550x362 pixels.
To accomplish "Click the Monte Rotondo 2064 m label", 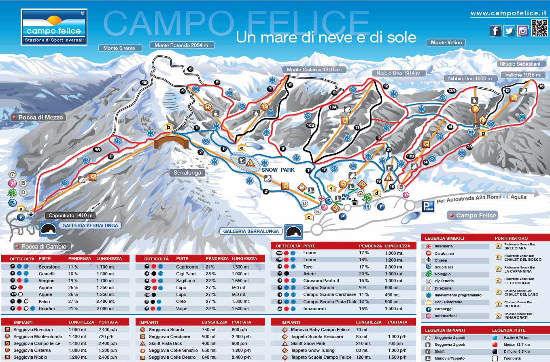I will point(181,45).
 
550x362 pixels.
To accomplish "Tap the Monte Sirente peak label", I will point(119,48).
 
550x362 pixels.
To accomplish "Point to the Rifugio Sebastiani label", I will point(520,64).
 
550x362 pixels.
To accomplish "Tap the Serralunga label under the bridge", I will point(187,172).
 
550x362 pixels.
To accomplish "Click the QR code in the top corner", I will point(539,28).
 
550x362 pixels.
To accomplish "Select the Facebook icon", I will point(495,31).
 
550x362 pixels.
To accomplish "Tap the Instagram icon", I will point(522,31).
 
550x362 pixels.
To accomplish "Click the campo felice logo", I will point(54,27).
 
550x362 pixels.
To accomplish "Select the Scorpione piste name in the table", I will point(49,267).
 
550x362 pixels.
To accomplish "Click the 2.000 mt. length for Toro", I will point(395,267).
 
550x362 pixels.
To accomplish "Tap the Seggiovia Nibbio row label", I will point(30,357).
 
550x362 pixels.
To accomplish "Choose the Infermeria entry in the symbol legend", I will point(444,246).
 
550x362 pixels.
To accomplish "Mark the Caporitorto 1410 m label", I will point(70,215).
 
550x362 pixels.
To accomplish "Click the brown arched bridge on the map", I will point(172,143).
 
